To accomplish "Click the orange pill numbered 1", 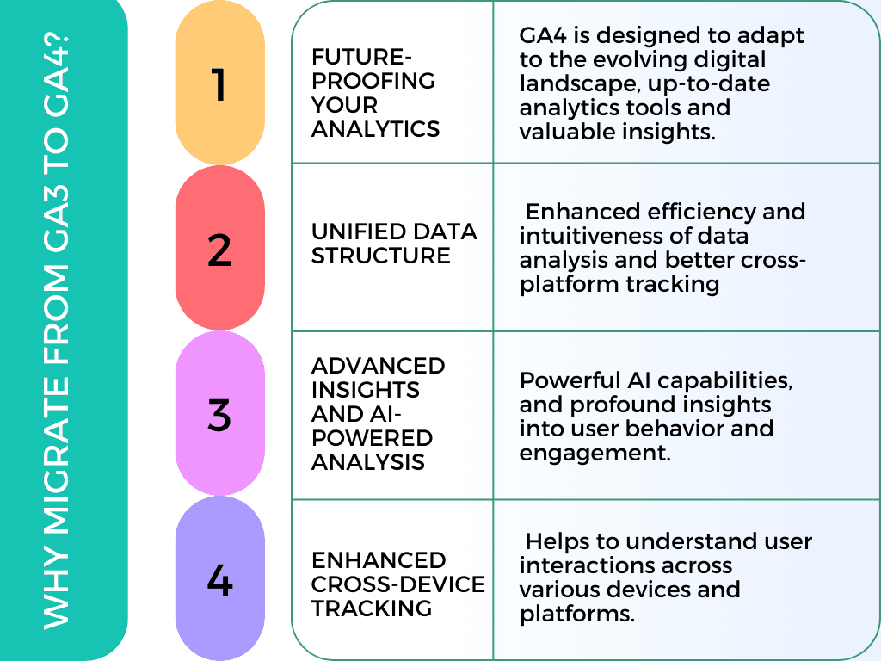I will (219, 84).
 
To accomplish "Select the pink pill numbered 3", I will (219, 414).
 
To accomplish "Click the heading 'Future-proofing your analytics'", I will (375, 93).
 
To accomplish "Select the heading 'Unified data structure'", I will (393, 244).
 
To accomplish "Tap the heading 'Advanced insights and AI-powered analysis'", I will (379, 414).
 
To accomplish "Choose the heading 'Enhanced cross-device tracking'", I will (397, 584).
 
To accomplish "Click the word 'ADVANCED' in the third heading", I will (378, 365).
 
